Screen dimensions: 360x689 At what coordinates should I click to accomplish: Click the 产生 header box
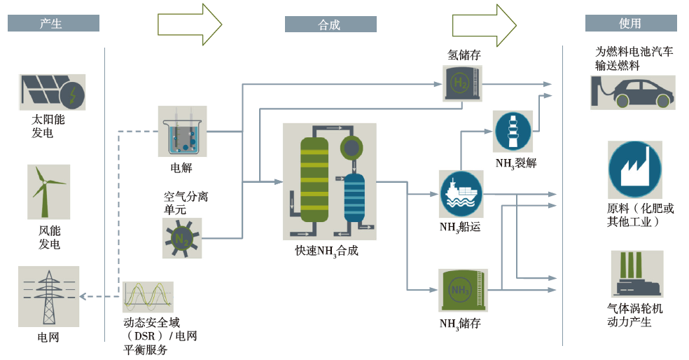click(x=53, y=24)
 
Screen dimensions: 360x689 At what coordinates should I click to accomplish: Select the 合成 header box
click(x=330, y=25)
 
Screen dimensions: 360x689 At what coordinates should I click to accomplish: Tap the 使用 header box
click(x=630, y=24)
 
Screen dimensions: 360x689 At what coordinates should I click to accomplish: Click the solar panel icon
click(x=52, y=92)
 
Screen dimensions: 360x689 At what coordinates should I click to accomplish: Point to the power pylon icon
click(x=48, y=296)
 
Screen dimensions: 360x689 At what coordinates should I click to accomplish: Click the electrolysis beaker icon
click(x=183, y=131)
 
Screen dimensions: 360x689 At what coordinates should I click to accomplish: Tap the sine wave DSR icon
click(x=148, y=297)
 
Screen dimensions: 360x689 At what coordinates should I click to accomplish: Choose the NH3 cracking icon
click(x=513, y=131)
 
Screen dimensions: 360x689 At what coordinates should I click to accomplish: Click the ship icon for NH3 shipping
click(x=461, y=193)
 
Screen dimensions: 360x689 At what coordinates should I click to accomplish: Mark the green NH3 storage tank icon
click(x=462, y=290)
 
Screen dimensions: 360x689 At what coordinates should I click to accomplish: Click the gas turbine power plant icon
click(x=636, y=275)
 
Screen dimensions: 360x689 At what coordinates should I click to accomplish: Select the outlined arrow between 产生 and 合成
click(x=190, y=25)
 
